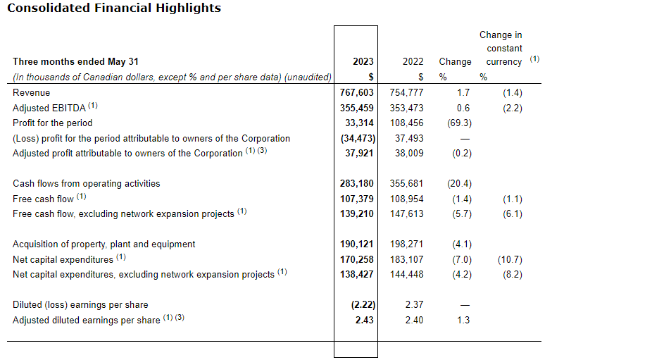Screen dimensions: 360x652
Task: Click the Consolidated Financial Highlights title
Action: [113, 8]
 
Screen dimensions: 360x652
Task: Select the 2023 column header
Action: [363, 61]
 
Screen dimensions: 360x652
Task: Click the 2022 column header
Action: [413, 61]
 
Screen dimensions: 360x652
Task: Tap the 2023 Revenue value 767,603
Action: [356, 92]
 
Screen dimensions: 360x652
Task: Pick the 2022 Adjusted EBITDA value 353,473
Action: [406, 108]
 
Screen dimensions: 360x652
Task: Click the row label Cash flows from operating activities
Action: [86, 183]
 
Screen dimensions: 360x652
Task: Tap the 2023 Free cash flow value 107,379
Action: [356, 199]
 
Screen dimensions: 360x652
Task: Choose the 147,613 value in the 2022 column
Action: [406, 213]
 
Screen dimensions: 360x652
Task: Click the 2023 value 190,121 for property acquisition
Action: [356, 244]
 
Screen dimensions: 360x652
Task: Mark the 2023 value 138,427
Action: [356, 274]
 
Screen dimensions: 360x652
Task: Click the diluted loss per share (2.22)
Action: [360, 304]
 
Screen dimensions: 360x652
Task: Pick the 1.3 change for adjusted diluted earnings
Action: [463, 320]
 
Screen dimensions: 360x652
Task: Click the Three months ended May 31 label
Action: [70, 61]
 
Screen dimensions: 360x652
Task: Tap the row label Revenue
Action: [32, 92]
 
